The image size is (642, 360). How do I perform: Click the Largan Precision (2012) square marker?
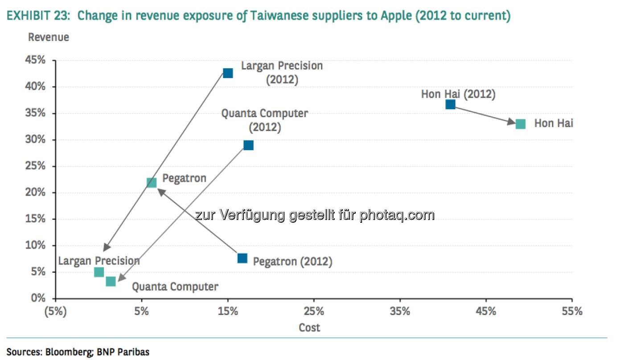tap(228, 73)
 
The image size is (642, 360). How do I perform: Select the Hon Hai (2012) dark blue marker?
tap(450, 104)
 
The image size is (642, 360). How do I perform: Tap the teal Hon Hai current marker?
tap(520, 124)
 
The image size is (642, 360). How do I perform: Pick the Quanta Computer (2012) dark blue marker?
tap(248, 145)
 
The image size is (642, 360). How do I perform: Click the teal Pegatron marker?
tap(152, 183)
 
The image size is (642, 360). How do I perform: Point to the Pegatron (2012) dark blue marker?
tap(242, 258)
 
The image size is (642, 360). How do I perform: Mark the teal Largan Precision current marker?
tap(99, 272)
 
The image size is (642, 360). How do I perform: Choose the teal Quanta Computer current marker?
tap(111, 282)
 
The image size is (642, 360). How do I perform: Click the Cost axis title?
tap(309, 328)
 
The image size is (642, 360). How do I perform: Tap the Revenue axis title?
tap(49, 37)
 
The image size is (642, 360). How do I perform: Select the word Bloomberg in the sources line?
tap(69, 352)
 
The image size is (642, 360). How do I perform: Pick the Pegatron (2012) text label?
tap(292, 262)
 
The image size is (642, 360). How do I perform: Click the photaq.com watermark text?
tap(397, 215)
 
